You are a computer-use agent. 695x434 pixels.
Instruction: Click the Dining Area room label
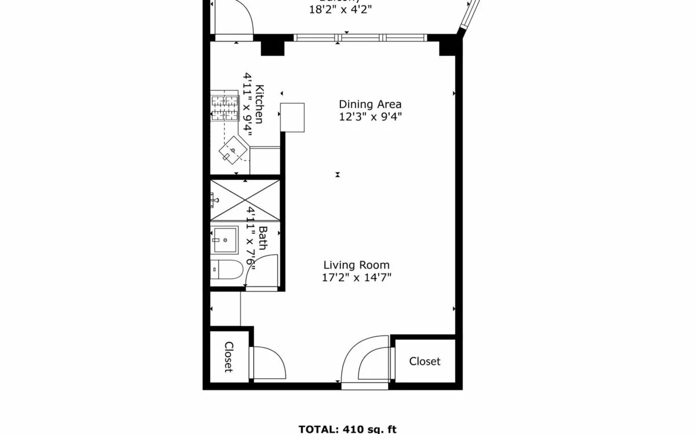click(370, 104)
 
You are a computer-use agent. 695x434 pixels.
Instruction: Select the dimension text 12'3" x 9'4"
click(370, 117)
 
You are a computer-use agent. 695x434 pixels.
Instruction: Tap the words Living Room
click(356, 265)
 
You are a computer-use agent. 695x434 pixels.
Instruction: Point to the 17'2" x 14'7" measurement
click(356, 278)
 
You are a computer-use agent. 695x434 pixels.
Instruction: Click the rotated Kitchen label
click(260, 104)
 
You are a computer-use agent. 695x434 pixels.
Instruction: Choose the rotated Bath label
click(262, 238)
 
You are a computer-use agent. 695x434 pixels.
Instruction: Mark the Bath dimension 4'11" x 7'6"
click(250, 236)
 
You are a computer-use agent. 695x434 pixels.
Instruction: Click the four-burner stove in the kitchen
click(225, 107)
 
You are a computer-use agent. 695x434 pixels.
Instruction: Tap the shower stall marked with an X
click(244, 200)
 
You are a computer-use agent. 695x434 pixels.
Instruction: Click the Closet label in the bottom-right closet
click(425, 361)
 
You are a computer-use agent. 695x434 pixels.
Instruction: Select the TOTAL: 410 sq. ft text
click(348, 429)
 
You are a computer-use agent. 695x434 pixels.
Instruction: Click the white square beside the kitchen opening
click(292, 117)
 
